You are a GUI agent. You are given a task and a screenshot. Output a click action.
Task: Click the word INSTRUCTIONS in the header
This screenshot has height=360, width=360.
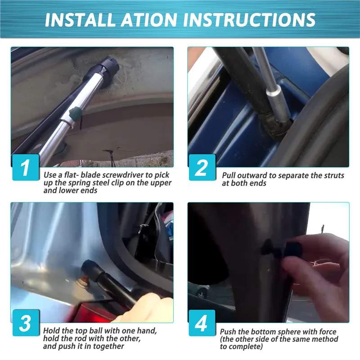[x=249, y=20]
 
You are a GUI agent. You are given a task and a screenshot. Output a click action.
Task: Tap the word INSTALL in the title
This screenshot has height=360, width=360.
[x=80, y=20]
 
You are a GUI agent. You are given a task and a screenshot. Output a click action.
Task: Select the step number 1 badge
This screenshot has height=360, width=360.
[x=26, y=167]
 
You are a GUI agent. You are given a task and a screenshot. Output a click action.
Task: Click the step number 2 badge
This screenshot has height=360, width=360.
[x=202, y=167]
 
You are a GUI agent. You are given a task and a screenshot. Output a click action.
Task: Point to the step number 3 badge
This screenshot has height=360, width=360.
[x=26, y=323]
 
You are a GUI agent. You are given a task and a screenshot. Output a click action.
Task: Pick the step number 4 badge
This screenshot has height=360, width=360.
[x=202, y=323]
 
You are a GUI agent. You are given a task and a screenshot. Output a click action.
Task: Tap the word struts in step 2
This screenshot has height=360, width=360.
[x=334, y=175]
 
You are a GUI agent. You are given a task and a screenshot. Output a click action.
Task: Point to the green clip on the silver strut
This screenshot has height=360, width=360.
[x=76, y=113]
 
